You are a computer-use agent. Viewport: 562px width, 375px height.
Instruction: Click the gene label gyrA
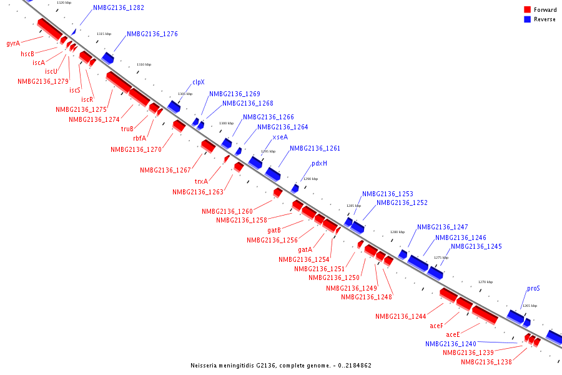[x=13, y=44]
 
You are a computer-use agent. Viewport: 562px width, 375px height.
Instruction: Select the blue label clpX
[x=199, y=82]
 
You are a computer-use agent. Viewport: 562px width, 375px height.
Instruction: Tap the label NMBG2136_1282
[x=119, y=8]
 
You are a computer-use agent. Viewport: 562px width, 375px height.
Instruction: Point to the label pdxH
[x=319, y=163]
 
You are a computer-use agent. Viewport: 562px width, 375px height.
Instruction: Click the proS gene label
[x=533, y=289]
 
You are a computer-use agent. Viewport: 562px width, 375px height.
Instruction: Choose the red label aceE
[x=453, y=334]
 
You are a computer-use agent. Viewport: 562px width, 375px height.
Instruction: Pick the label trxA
[x=201, y=181]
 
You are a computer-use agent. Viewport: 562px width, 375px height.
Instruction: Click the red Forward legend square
[x=527, y=9]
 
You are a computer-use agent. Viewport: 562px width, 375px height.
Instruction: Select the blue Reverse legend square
[x=527, y=19]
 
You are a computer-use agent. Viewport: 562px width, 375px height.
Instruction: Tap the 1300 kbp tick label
[x=226, y=123]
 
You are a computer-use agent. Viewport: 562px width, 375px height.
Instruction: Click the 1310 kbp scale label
[x=144, y=64]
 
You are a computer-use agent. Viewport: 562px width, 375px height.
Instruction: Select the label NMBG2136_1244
[x=400, y=316]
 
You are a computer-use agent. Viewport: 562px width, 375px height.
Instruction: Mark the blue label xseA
[x=280, y=137]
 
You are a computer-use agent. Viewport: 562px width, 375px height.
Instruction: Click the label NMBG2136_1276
[x=152, y=34]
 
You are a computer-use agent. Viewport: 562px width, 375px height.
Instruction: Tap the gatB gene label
[x=274, y=231]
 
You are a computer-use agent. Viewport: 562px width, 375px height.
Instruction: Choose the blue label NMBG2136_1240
[x=451, y=344]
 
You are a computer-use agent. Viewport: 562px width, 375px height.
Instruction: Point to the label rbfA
[x=139, y=139]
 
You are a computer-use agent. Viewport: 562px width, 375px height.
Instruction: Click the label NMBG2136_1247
[x=443, y=227]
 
